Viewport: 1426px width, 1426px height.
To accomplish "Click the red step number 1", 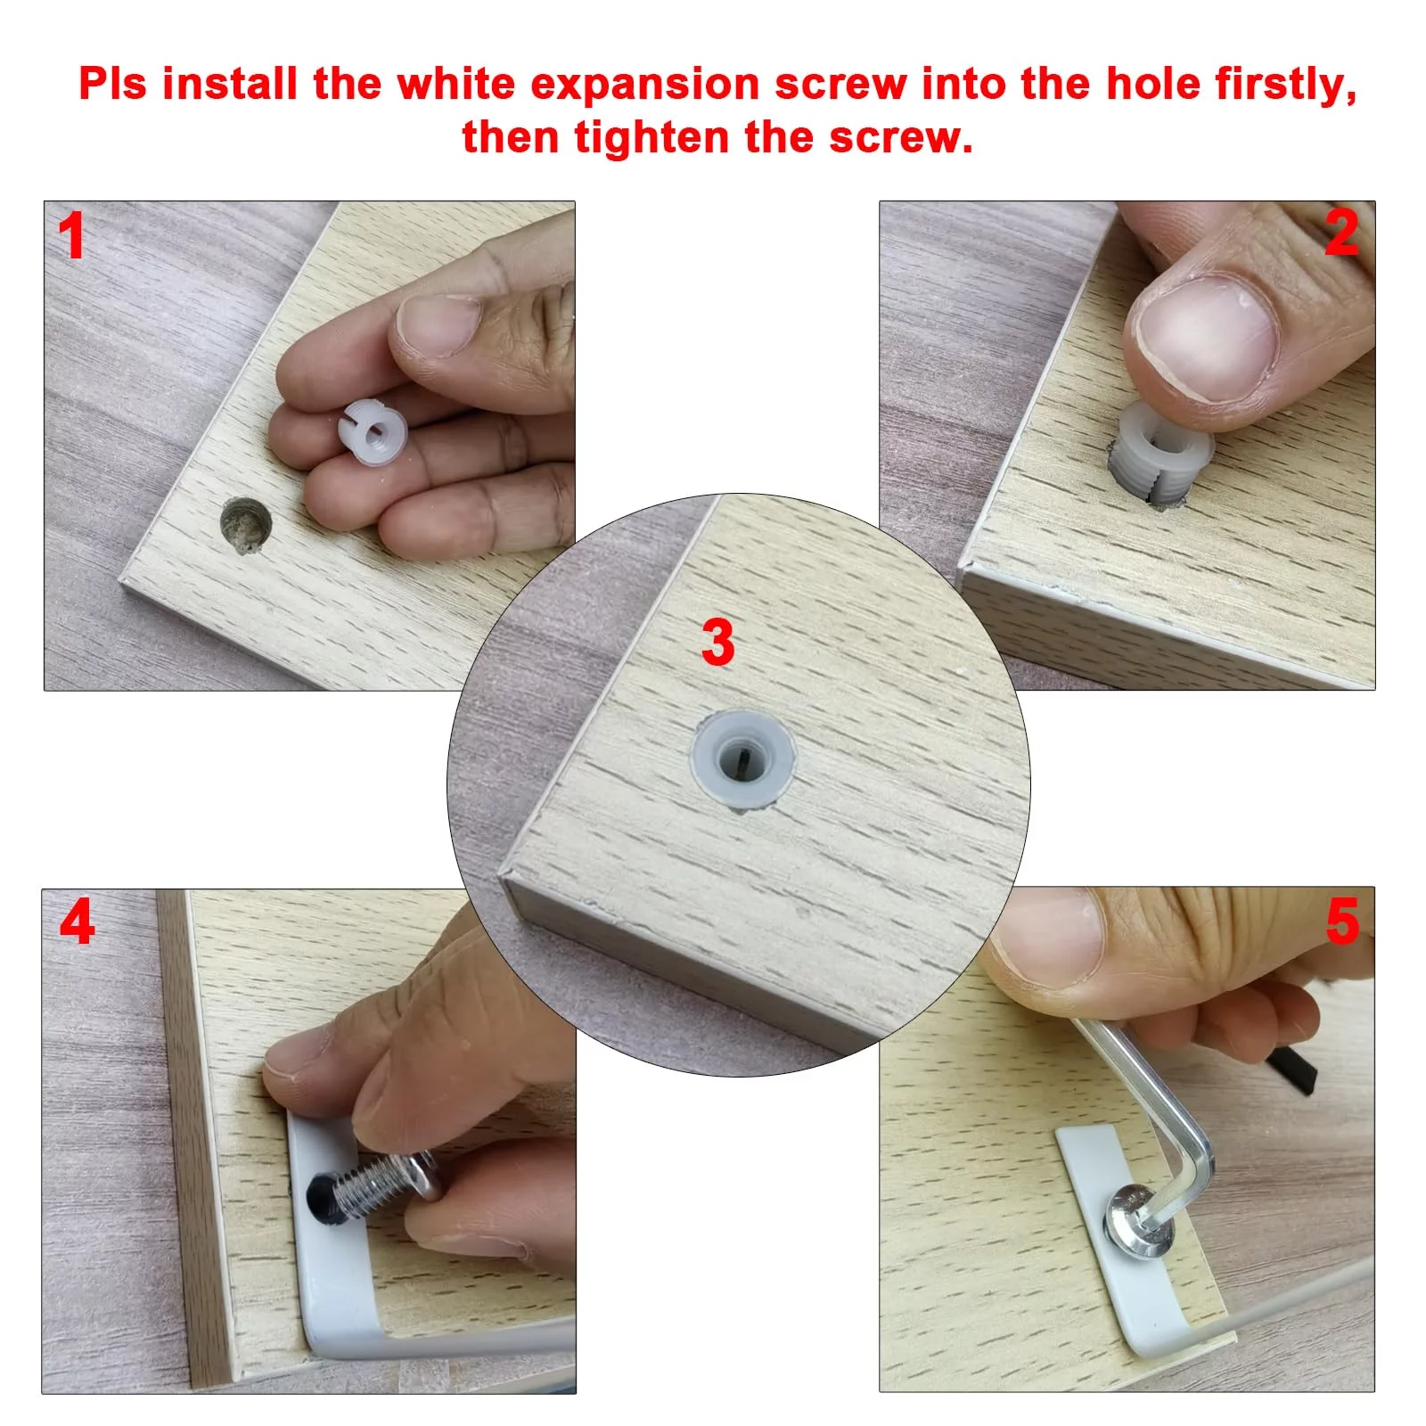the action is point(70,236).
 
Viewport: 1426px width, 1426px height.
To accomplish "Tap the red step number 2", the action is point(1342,233).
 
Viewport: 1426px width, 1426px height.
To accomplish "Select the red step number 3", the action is point(717,642).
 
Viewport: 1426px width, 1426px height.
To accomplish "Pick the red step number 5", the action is point(1343,921).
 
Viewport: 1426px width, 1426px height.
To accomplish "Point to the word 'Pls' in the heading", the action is point(113,84).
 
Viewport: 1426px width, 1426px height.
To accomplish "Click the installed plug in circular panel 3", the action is point(742,759).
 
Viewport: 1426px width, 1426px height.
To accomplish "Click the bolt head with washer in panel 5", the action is point(1138,1218).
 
